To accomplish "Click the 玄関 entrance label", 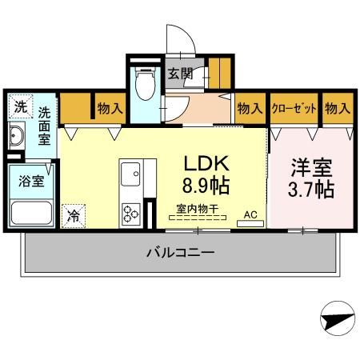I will [180, 74].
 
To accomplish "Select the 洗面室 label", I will [45, 126].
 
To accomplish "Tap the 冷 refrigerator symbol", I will [73, 214].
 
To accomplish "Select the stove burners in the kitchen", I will [130, 213].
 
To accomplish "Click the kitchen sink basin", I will [130, 172].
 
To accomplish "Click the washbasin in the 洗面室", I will [16, 135].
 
